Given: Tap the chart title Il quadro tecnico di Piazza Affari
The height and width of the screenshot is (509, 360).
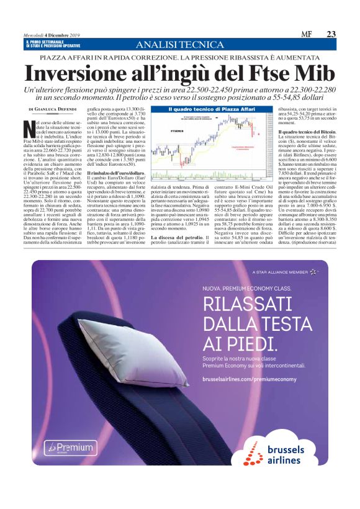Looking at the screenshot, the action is pyautogui.click(x=203, y=109).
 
